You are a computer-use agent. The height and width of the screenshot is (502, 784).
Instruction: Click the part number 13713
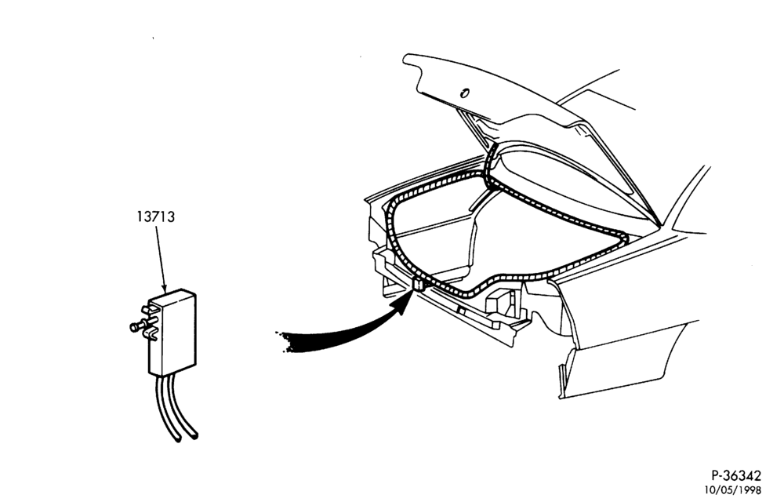pos(156,217)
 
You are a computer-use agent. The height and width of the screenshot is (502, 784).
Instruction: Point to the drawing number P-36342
pos(736,475)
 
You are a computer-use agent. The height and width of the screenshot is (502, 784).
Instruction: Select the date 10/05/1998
pos(733,489)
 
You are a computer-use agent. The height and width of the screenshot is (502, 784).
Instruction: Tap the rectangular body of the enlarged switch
pos(173,332)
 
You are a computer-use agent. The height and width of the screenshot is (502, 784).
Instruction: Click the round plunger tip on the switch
pos(134,327)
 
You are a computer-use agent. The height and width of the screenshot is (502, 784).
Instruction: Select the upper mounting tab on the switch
pos(150,310)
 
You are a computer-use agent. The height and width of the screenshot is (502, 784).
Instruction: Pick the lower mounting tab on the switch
pos(151,335)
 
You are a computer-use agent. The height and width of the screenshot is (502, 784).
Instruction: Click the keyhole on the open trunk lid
pos(464,93)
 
